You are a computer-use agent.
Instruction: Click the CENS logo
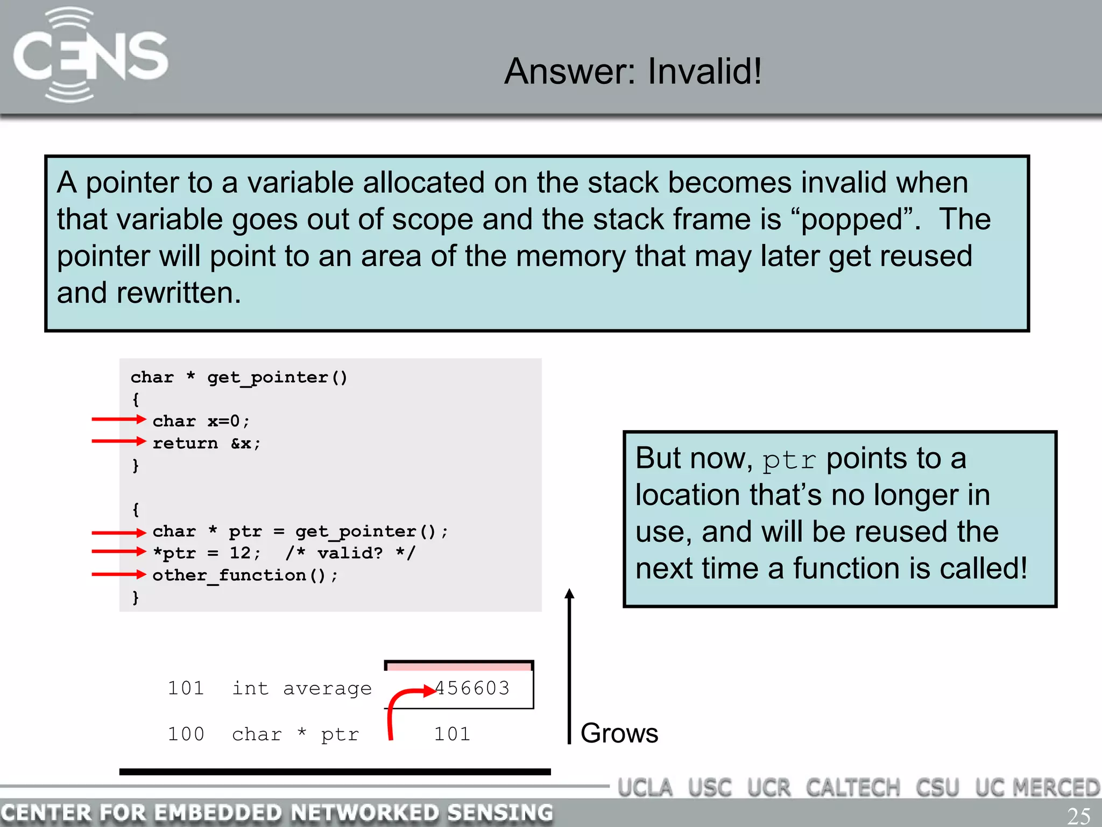point(90,55)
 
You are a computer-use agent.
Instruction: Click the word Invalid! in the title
point(704,71)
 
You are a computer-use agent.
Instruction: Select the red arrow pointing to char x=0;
point(118,419)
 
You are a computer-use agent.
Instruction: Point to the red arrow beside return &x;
point(118,441)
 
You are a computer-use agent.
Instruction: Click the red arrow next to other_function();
point(118,574)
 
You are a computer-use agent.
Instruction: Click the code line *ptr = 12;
point(207,553)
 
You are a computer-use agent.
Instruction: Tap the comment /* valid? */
point(350,553)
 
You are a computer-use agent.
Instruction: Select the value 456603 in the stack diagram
point(472,688)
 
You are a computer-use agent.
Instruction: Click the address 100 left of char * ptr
point(186,734)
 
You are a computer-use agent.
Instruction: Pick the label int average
point(302,688)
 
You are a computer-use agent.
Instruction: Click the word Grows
point(619,733)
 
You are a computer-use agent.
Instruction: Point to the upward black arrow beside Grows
point(569,668)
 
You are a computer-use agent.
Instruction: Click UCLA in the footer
point(645,788)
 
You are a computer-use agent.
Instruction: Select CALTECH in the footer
point(853,788)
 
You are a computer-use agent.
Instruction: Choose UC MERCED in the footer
point(1037,788)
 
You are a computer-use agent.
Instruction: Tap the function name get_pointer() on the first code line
point(277,377)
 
